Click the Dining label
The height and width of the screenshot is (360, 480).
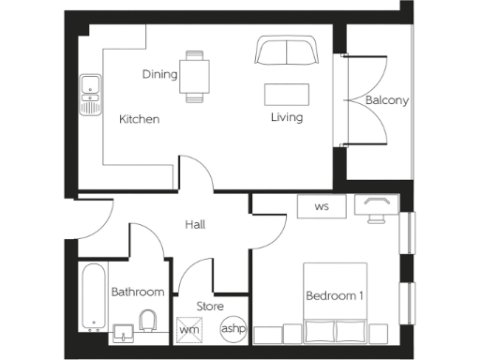(160, 74)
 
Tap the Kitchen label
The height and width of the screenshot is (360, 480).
(139, 119)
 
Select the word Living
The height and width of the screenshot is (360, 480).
(287, 118)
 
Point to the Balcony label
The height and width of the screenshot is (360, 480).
(387, 101)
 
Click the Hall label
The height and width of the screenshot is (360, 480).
(195, 225)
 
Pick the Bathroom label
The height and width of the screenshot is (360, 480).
(138, 292)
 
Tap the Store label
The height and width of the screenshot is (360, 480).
(209, 307)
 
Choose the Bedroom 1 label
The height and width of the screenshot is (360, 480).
(335, 296)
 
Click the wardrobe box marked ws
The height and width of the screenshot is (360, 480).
(322, 205)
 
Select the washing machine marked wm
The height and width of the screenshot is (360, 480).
(190, 330)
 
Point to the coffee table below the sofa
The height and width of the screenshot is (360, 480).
(287, 94)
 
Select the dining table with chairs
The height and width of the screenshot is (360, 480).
(196, 75)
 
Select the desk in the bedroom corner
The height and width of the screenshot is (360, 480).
(380, 207)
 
